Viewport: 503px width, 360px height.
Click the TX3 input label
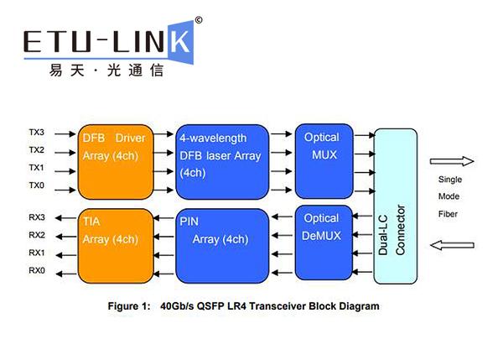point(35,133)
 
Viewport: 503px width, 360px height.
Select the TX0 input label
point(35,185)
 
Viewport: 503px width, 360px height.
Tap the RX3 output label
point(35,217)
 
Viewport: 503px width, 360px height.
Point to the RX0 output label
point(35,270)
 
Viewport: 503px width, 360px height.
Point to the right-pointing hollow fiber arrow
point(452,160)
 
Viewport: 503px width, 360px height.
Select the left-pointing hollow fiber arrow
point(452,244)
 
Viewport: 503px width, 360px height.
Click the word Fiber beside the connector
point(449,214)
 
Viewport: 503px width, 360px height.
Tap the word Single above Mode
point(451,180)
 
